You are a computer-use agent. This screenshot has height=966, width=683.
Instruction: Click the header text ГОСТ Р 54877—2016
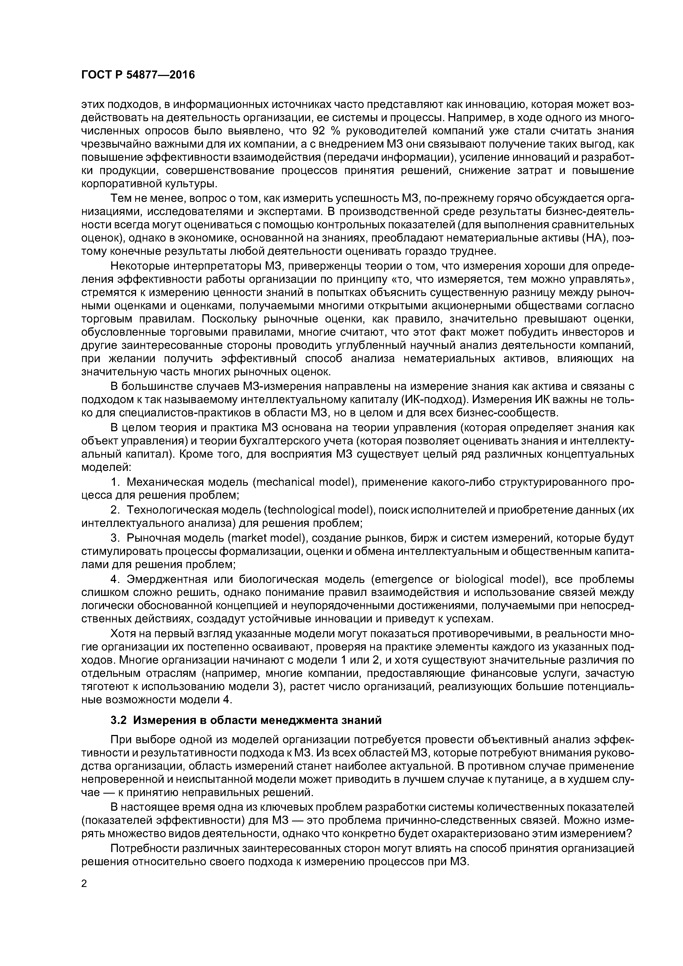tap(138, 75)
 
